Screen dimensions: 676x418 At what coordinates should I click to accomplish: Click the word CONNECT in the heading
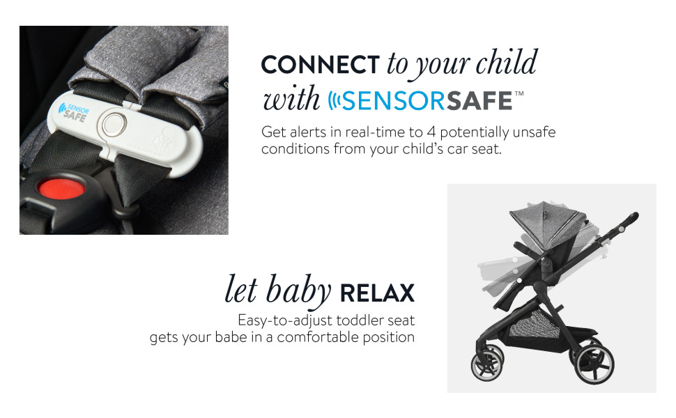click(320, 65)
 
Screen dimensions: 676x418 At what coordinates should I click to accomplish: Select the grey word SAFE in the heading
click(479, 101)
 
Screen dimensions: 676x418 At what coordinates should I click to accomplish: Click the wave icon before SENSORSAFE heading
click(334, 100)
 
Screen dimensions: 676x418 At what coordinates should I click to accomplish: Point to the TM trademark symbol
click(519, 93)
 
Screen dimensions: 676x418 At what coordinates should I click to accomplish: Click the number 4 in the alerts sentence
click(431, 132)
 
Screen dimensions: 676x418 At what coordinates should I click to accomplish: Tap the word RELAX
click(377, 293)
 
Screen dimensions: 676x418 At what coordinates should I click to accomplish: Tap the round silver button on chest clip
click(112, 125)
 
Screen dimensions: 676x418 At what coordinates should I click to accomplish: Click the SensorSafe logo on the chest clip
click(73, 112)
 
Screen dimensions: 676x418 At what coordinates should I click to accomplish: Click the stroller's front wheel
click(487, 364)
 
